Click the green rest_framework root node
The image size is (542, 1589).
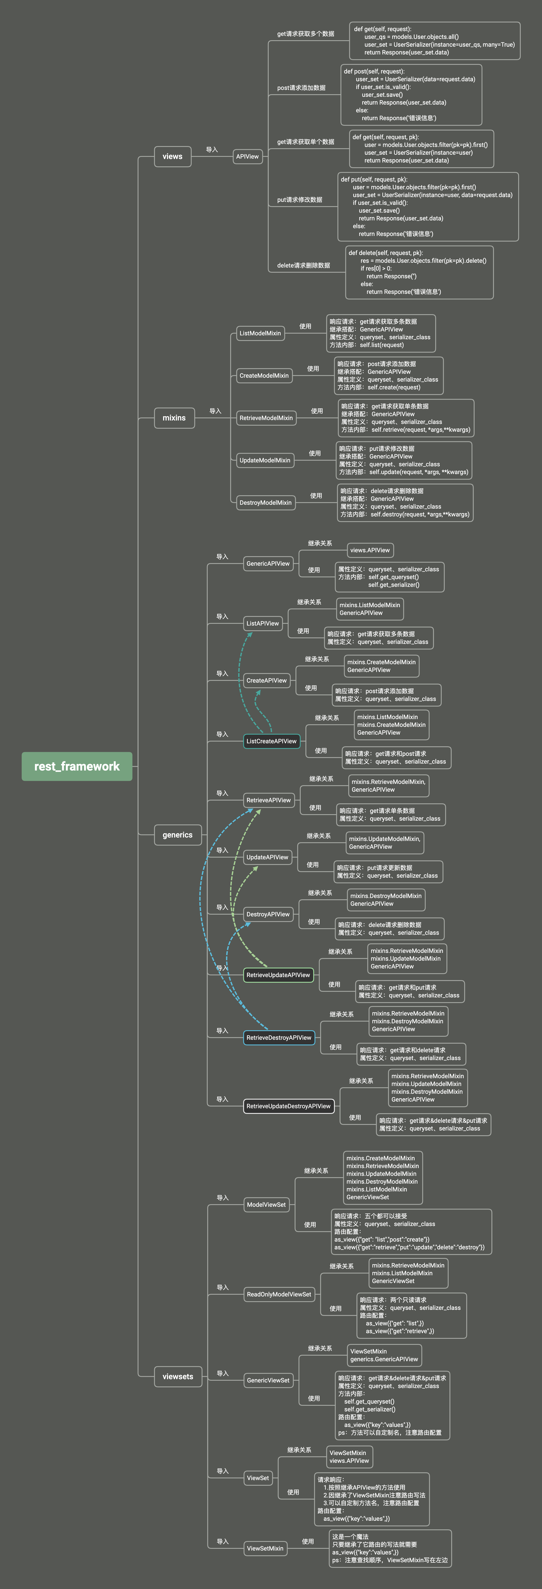tap(77, 766)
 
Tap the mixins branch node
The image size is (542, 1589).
tap(174, 418)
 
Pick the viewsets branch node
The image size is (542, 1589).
tap(178, 1376)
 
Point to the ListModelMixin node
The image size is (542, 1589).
tap(260, 333)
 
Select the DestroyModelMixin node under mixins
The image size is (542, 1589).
tap(265, 503)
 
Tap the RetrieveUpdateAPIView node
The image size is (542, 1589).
tap(278, 975)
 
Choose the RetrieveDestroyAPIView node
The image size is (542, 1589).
tap(279, 1038)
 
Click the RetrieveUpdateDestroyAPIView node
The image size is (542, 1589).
tap(288, 1106)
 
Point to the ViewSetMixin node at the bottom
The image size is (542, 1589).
tap(265, 1548)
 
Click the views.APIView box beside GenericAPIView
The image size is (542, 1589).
tap(370, 550)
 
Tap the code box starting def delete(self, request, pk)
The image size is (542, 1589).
tap(419, 272)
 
